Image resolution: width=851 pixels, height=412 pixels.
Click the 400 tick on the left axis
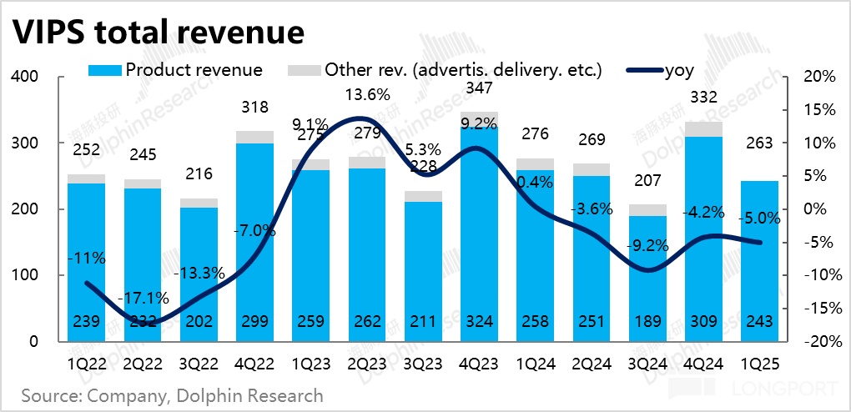tap(26, 77)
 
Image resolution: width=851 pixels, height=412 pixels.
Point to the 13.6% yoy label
tap(368, 95)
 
